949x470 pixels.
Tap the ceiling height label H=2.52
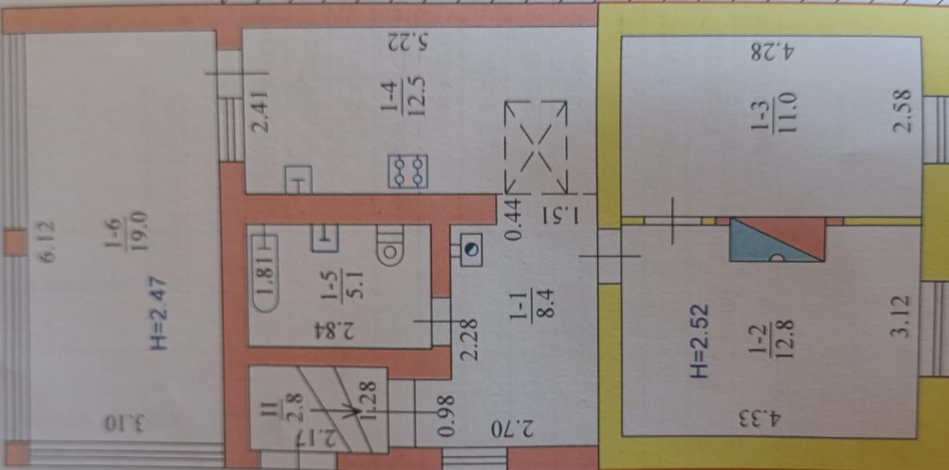click(698, 341)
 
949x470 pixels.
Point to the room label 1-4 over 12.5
click(403, 97)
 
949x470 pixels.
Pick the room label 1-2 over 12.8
click(771, 340)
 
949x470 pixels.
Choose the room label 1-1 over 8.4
click(532, 302)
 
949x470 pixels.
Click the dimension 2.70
click(513, 428)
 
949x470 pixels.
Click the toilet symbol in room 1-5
click(390, 246)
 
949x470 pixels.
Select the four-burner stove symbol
click(408, 172)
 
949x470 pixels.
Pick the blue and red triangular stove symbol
click(777, 239)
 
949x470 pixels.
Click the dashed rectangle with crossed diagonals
click(536, 147)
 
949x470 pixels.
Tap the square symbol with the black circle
click(471, 250)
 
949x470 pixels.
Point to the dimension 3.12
click(900, 317)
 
